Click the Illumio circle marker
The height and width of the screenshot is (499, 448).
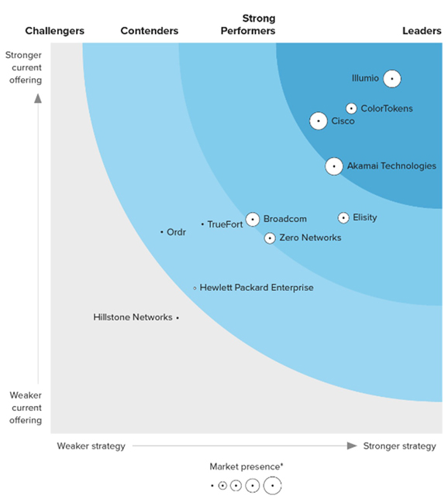392,78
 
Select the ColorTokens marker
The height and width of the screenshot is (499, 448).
351,109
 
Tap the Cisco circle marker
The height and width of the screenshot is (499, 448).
318,121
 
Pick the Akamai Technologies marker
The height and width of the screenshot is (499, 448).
334,166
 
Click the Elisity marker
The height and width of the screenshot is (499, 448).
343,218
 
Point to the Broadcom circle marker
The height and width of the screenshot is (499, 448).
252,219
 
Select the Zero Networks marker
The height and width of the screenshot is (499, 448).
270,238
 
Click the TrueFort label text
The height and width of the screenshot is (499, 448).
225,224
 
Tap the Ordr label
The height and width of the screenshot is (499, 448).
176,232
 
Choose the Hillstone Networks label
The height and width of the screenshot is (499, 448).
133,317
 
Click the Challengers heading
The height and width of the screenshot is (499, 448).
54,31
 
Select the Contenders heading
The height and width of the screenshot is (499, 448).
150,31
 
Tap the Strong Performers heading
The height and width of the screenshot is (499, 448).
248,24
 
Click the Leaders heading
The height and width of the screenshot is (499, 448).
422,31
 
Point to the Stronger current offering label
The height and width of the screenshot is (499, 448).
24,67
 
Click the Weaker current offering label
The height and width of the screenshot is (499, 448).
26,408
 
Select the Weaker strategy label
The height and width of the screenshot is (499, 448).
91,446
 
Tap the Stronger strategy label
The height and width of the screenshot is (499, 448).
399,446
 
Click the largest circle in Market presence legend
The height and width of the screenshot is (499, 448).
272,486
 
